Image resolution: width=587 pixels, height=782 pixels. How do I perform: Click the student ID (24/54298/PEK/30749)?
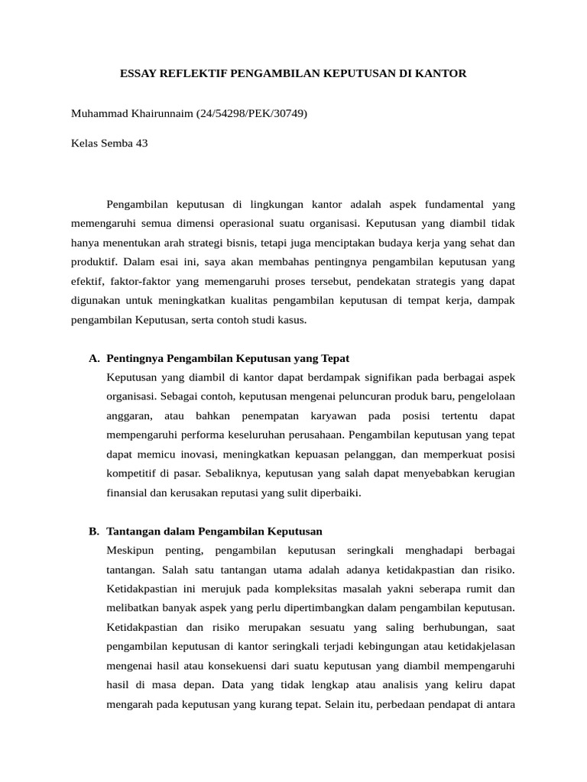(x=251, y=113)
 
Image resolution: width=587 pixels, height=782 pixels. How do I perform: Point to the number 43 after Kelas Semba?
(x=141, y=143)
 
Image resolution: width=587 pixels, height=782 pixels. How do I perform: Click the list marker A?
(x=95, y=358)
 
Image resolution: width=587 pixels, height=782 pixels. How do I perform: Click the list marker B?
(x=95, y=531)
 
